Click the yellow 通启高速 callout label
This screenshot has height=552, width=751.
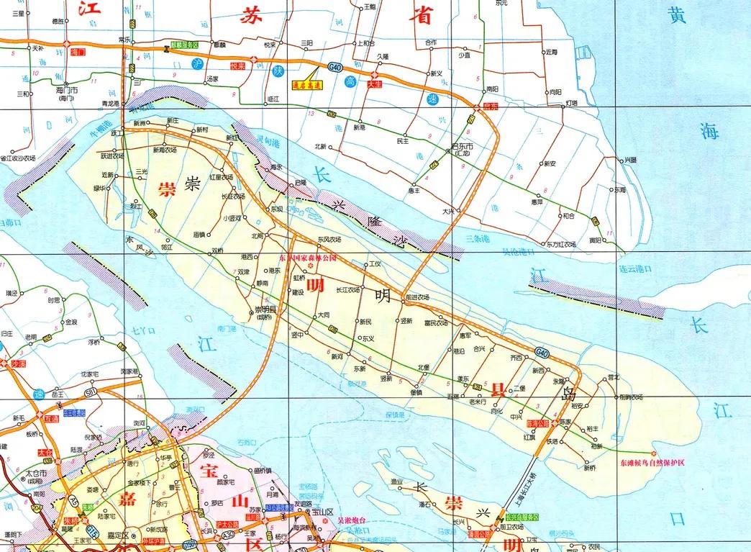coord(307,83)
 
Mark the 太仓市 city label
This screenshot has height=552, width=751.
coord(36,474)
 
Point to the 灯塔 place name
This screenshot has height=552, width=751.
coord(571,103)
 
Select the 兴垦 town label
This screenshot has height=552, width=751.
coord(630,159)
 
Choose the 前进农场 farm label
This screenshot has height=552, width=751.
coord(417,297)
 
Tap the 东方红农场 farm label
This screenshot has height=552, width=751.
coord(561,244)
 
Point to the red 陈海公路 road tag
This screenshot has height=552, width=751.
coord(537,424)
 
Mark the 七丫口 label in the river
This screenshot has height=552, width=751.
coord(144,330)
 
